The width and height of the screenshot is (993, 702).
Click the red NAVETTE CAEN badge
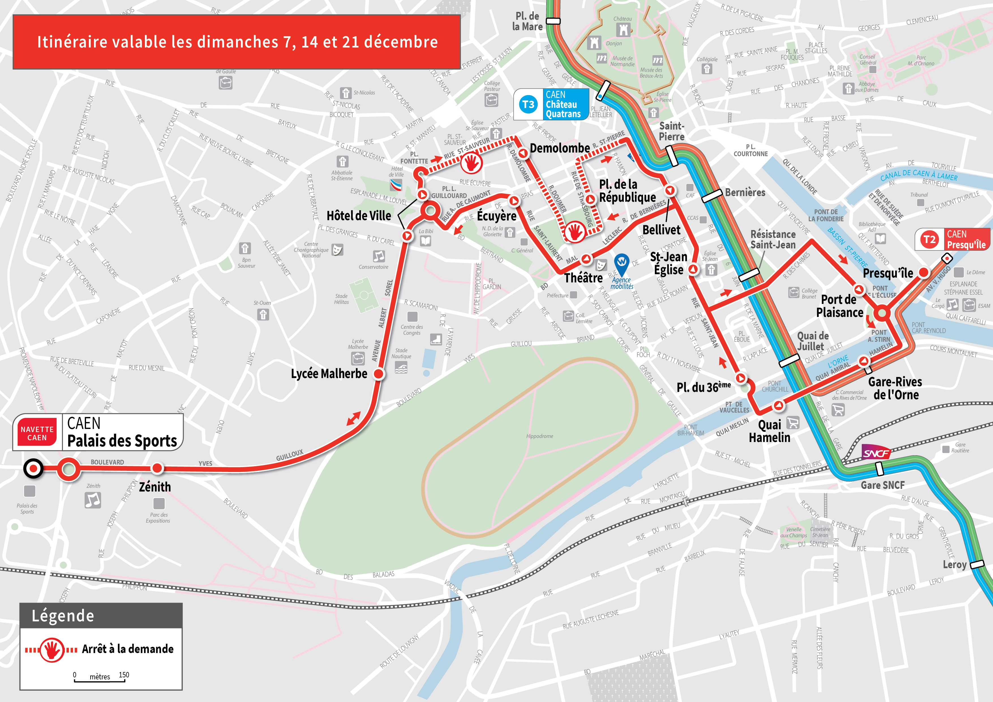click(x=37, y=433)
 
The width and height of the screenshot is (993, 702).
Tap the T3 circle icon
click(x=528, y=104)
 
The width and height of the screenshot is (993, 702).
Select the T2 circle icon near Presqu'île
click(x=929, y=239)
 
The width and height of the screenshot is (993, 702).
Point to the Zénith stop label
click(x=155, y=487)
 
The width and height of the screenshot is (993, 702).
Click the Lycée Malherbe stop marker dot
click(x=378, y=374)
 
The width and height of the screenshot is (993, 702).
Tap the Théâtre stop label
click(x=583, y=278)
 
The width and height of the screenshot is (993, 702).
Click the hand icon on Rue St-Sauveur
click(x=471, y=164)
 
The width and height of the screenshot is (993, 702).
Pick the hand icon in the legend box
click(x=52, y=649)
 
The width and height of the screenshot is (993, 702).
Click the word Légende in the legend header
click(x=63, y=615)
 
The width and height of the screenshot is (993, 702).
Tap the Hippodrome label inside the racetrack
click(x=539, y=436)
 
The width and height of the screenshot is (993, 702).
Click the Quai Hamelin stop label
click(x=769, y=431)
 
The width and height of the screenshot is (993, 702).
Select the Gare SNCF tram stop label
click(x=882, y=485)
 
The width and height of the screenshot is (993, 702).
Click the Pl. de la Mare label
click(x=527, y=21)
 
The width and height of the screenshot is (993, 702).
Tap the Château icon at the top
click(x=623, y=29)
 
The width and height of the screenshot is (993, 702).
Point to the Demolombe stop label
click(x=560, y=148)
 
